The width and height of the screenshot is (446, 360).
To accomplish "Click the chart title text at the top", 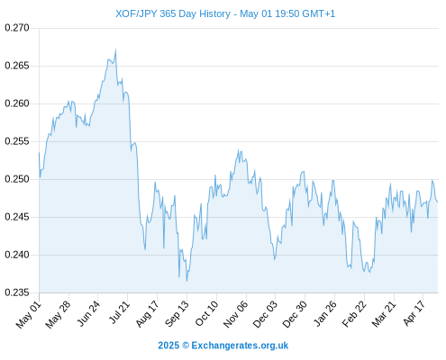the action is pyautogui.click(x=225, y=13).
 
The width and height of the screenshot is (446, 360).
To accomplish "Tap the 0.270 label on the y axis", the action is pyautogui.click(x=17, y=28).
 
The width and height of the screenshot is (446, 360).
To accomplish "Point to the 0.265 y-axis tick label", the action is pyautogui.click(x=17, y=66).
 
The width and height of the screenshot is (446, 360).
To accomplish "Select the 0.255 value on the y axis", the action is pyautogui.click(x=17, y=141).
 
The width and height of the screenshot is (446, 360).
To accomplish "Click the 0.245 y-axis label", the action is pyautogui.click(x=17, y=217).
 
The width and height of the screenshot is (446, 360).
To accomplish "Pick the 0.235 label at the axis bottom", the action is pyautogui.click(x=17, y=292).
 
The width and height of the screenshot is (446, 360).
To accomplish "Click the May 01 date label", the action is pyautogui.click(x=29, y=314).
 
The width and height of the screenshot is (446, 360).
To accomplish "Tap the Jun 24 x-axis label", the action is pyautogui.click(x=88, y=313).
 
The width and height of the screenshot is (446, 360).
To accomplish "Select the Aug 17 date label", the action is pyautogui.click(x=147, y=314).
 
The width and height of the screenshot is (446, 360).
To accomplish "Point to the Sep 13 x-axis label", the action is pyautogui.click(x=177, y=314).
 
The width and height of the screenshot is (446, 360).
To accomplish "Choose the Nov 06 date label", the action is pyautogui.click(x=236, y=314).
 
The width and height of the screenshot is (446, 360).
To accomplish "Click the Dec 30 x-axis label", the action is pyautogui.click(x=295, y=314).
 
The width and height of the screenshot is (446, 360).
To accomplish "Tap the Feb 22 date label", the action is pyautogui.click(x=354, y=314).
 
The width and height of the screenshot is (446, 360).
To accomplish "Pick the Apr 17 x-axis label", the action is pyautogui.click(x=414, y=313).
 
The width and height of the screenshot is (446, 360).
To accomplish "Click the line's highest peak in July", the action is pyautogui.click(x=115, y=49).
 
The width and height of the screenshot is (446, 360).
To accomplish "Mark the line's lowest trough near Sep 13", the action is pyautogui.click(x=187, y=281).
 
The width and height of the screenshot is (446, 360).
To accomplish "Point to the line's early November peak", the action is pyautogui.click(x=239, y=149).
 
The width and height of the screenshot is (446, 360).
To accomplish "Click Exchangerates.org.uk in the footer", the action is pyautogui.click(x=240, y=346).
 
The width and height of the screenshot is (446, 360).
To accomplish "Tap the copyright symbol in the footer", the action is pyautogui.click(x=186, y=346).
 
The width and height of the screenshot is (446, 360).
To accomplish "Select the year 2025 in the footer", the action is pyautogui.click(x=168, y=346).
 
